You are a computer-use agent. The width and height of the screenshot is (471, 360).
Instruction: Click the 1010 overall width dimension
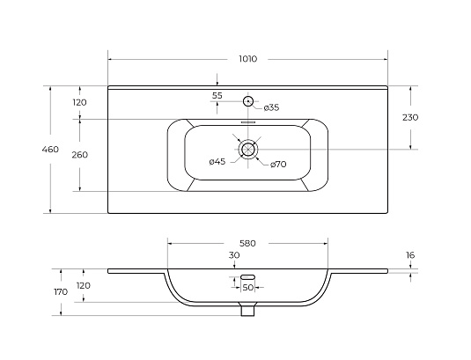tap(248, 59)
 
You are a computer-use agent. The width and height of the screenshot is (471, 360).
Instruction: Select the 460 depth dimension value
tap(50, 150)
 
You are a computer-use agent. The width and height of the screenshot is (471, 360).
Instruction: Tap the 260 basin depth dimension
tap(79, 155)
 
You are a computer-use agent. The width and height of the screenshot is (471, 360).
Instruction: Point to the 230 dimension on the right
tap(410, 117)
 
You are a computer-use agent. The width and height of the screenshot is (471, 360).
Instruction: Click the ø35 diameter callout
tap(271, 107)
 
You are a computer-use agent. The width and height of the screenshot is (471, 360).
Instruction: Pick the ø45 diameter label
tap(217, 162)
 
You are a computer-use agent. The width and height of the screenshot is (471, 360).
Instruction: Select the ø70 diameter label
tap(278, 165)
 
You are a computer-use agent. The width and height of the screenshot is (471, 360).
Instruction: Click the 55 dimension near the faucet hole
tap(217, 96)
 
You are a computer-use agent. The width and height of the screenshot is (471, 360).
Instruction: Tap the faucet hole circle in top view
tap(247, 101)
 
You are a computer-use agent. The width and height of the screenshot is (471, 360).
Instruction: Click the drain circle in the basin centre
tap(247, 150)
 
